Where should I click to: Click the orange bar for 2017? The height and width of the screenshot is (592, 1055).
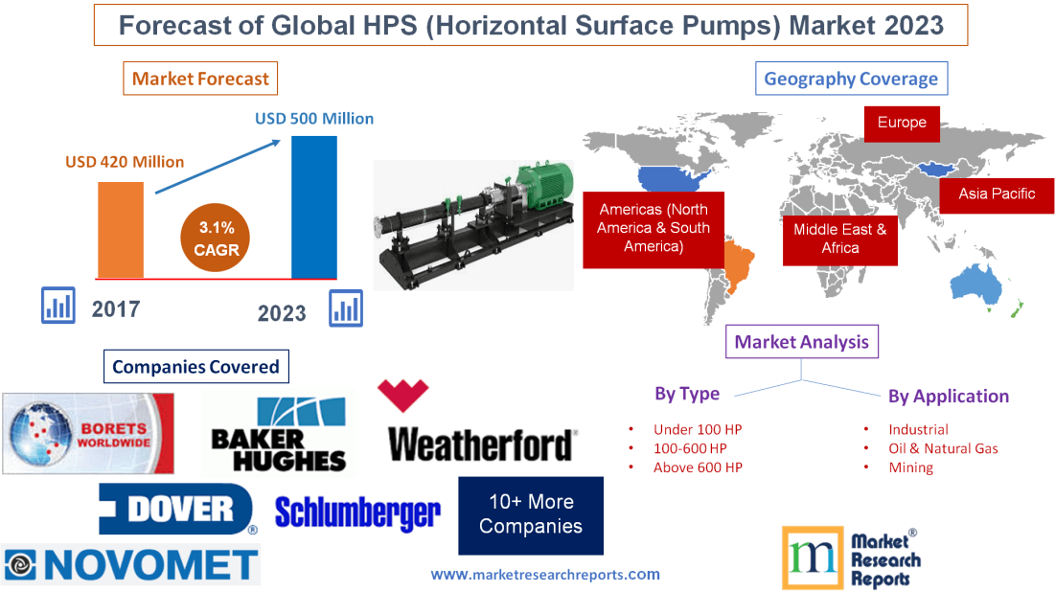pyautogui.click(x=121, y=229)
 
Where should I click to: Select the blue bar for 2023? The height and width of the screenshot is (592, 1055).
pyautogui.click(x=314, y=206)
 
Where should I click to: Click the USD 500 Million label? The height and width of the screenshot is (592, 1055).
pyautogui.click(x=314, y=119)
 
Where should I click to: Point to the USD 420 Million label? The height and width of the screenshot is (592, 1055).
pyautogui.click(x=125, y=162)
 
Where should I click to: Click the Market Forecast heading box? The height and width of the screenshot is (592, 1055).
pyautogui.click(x=200, y=79)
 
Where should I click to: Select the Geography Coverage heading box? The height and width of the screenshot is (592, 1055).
pyautogui.click(x=851, y=79)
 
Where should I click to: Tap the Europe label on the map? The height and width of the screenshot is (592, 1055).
pyautogui.click(x=902, y=123)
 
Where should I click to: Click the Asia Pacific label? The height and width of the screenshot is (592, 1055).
pyautogui.click(x=997, y=194)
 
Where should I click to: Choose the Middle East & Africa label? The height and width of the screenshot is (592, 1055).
pyautogui.click(x=839, y=239)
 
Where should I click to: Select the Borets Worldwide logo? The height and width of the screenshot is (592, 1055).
pyautogui.click(x=88, y=433)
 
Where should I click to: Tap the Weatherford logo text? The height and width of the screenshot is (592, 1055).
pyautogui.click(x=481, y=444)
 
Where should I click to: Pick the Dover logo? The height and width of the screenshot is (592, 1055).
pyautogui.click(x=177, y=509)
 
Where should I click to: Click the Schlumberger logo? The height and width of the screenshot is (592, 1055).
pyautogui.click(x=357, y=513)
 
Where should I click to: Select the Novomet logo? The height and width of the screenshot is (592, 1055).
pyautogui.click(x=130, y=565)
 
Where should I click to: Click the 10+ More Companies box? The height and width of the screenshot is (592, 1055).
pyautogui.click(x=531, y=514)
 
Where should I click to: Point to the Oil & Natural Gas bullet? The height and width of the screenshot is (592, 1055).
pyautogui.click(x=943, y=448)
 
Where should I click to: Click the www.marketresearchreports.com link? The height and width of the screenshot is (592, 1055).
pyautogui.click(x=545, y=575)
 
